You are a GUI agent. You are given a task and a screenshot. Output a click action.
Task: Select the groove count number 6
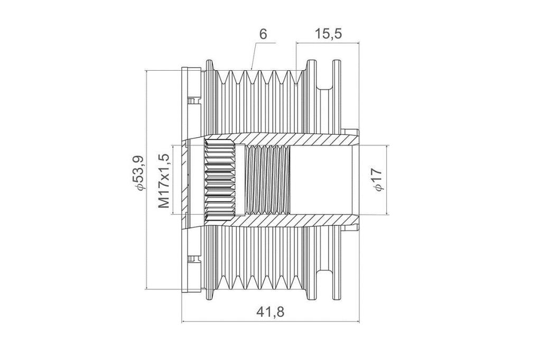(x=263, y=34)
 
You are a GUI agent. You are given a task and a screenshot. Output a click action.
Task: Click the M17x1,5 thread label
(x=164, y=181)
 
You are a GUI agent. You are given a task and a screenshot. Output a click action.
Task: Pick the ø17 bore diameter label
(x=377, y=179)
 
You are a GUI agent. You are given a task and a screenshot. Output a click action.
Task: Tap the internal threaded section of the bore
(x=267, y=180)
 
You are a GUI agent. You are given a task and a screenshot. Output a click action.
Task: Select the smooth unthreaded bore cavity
(x=321, y=180)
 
